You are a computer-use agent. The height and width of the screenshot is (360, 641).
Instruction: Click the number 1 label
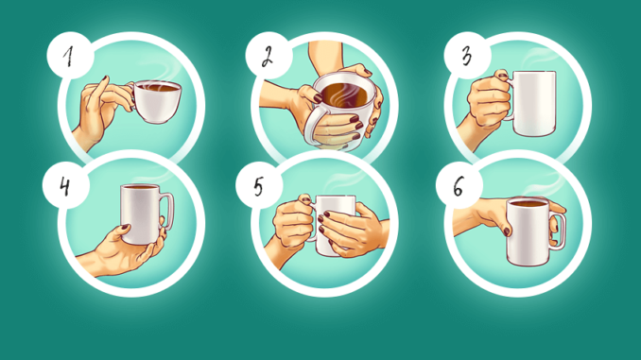click(x=69, y=56)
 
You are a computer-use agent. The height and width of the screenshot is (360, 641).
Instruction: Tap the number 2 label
click(x=268, y=57)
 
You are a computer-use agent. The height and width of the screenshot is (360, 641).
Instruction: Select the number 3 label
click(x=467, y=56)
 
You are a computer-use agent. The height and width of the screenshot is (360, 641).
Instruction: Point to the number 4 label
click(x=64, y=187)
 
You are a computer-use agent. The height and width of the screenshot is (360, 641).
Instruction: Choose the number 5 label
click(x=258, y=187)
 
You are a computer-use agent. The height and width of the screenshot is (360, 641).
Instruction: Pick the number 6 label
click(x=459, y=187)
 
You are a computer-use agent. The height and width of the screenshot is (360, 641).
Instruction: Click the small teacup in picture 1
click(x=156, y=101)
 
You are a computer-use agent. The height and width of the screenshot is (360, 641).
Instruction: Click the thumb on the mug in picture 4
click(x=122, y=231)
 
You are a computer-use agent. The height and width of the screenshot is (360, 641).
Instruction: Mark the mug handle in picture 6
click(x=559, y=230)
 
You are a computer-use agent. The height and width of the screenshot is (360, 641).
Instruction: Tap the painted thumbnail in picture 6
click(x=507, y=231)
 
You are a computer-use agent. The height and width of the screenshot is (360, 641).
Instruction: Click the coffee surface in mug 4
click(x=140, y=187)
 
